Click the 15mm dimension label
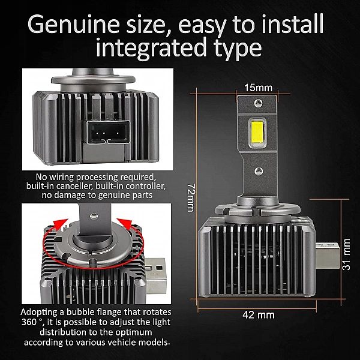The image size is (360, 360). click(x=258, y=88)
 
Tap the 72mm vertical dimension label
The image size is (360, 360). click(x=191, y=197)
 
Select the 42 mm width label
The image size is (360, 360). click(x=258, y=315)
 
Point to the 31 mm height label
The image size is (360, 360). click(x=346, y=254)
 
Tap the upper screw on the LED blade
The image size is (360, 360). click(x=258, y=103)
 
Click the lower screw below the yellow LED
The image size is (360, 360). click(x=259, y=171)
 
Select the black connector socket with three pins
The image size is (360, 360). click(x=107, y=133)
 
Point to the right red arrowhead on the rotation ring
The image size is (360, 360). click(x=125, y=224)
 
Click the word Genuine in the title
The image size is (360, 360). click(x=73, y=24)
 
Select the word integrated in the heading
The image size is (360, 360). click(x=151, y=48)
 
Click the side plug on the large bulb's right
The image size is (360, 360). click(x=327, y=256)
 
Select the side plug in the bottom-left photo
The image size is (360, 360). click(x=155, y=276)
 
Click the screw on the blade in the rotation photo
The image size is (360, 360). click(x=94, y=215)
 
